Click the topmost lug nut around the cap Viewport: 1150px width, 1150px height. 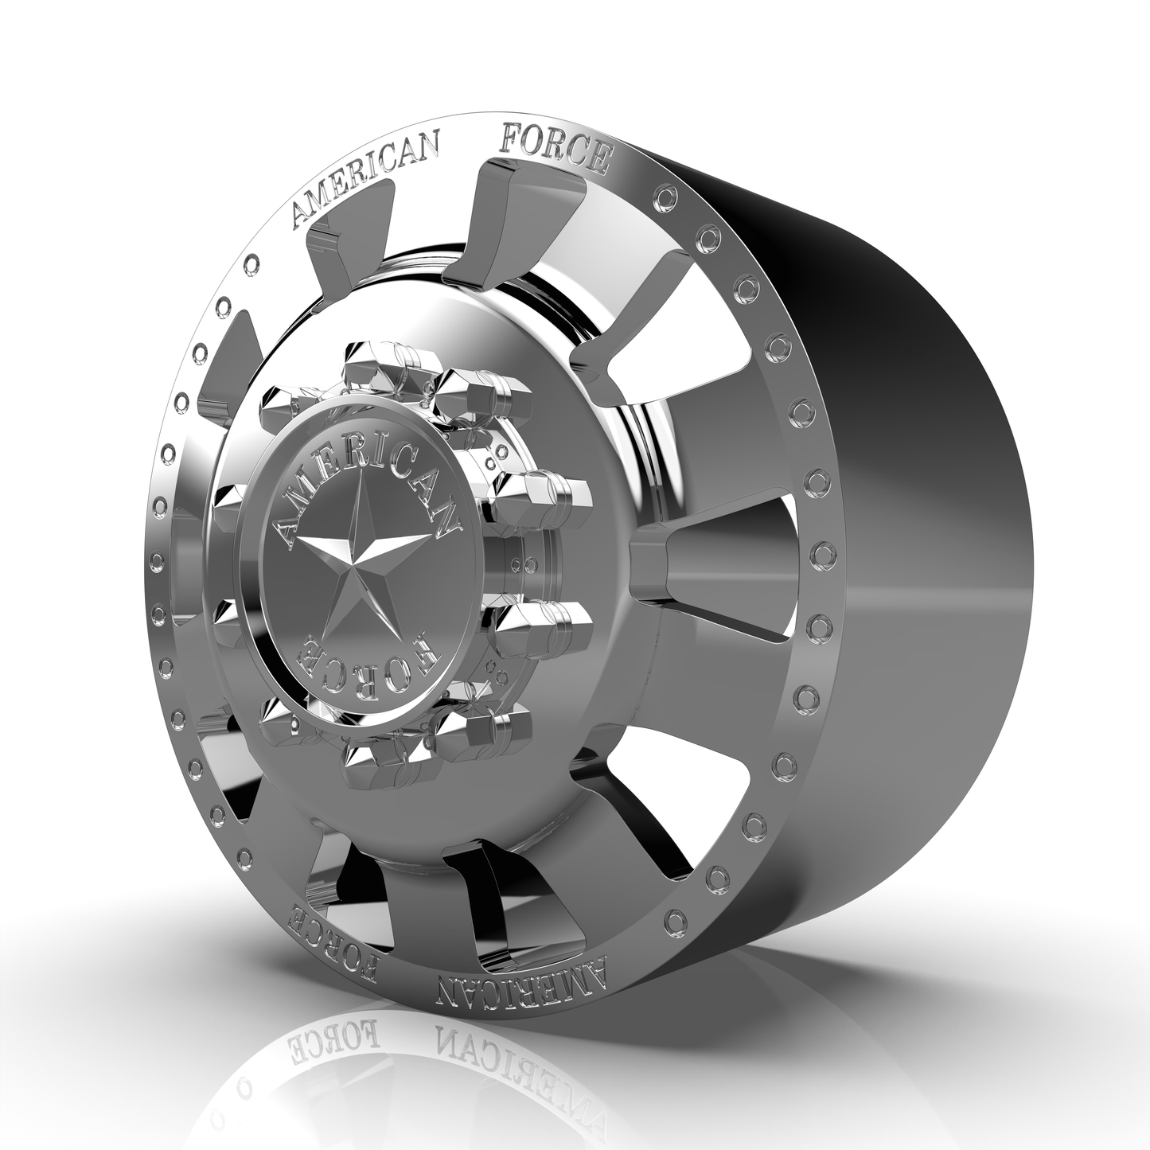click(376, 359)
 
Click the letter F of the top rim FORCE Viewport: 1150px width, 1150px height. click(508, 140)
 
